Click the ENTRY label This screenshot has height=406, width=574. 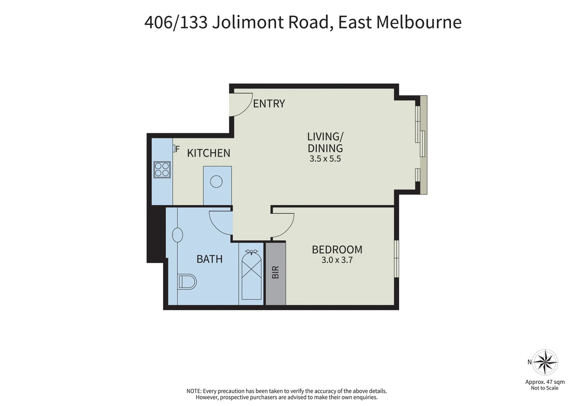coord(269,103)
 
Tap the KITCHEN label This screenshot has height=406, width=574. coord(209,153)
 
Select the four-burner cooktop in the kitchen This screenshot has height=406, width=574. coord(162,169)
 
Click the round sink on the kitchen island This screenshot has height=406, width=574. coord(217,182)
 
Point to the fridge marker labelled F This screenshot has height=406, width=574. coord(176,148)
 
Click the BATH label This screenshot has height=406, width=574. coord(209,259)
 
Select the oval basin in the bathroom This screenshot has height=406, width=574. coord(177,235)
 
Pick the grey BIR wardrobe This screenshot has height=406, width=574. coord(276,273)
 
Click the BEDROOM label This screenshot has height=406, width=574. coord(337,250)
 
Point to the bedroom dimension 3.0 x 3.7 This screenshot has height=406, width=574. coord(337,260)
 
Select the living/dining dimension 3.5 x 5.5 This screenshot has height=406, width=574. coord(325,159)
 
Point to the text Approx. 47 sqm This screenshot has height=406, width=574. coord(545,382)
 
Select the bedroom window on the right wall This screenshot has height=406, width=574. coord(397,259)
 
